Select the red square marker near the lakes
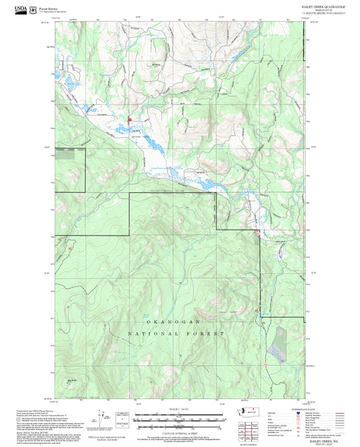coord(130,120)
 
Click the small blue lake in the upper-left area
coord(68,84)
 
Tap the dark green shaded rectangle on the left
coord(66,155)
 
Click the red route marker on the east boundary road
coord(257,234)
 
